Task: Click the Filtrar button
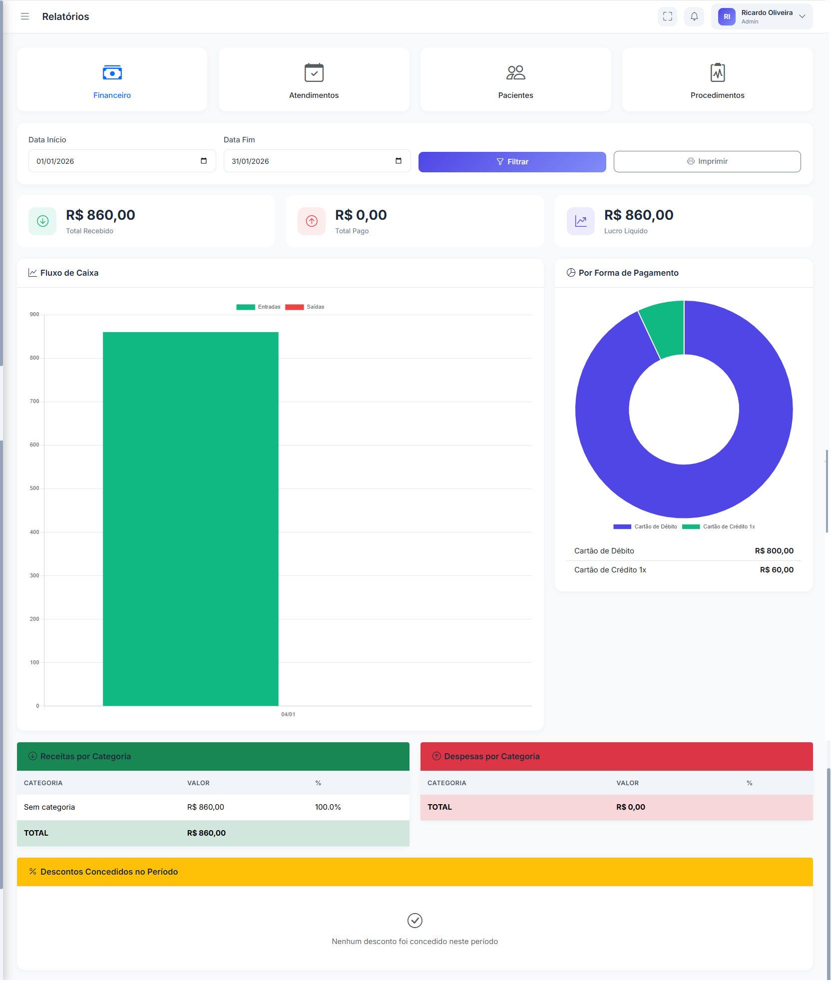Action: click(512, 162)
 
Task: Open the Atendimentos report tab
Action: click(314, 80)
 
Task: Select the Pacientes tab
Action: click(515, 80)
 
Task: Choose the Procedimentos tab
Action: click(717, 80)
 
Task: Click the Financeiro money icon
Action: click(112, 73)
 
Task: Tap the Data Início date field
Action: click(115, 161)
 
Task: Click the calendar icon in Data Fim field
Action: click(399, 161)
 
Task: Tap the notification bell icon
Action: click(694, 16)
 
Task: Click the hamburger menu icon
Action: click(25, 16)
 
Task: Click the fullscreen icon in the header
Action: click(667, 16)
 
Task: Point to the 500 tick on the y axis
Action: click(34, 489)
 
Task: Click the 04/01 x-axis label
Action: click(288, 715)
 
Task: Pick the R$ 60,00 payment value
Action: click(777, 570)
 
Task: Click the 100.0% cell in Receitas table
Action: click(328, 807)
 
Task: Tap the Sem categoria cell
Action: click(49, 807)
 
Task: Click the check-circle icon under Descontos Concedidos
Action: click(415, 921)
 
